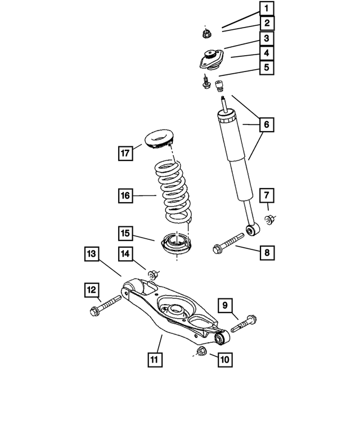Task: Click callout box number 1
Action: tap(267, 8)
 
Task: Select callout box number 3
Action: tap(267, 38)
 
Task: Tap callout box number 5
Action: tap(267, 68)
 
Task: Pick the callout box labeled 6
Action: tap(267, 124)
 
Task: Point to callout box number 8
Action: tap(267, 252)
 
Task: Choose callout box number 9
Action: tap(224, 306)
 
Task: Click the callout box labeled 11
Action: tap(155, 359)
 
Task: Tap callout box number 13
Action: tap(93, 254)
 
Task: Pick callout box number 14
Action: tap(125, 254)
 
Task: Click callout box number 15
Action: tap(125, 232)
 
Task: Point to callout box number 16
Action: tap(125, 196)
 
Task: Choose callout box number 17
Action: tap(125, 152)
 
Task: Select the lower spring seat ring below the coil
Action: tap(177, 245)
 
